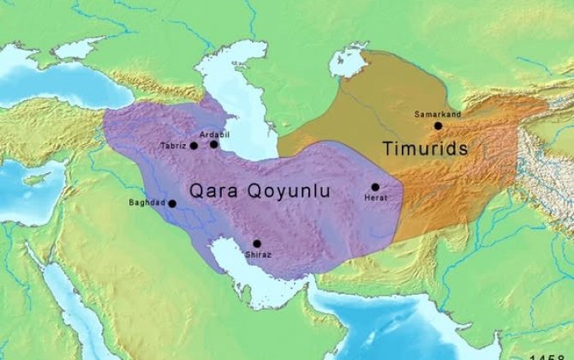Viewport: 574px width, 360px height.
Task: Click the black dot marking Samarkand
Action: coord(438,126)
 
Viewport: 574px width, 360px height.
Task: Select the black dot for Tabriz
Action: coord(194,146)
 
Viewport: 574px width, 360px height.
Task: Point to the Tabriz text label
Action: coord(172,147)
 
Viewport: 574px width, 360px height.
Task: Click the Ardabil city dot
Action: coord(214,144)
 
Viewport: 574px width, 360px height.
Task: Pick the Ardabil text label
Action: coord(213,135)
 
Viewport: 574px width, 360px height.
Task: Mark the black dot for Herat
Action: coord(375,187)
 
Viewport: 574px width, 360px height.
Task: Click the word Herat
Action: coord(376,198)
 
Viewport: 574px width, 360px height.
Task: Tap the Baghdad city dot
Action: coord(172,204)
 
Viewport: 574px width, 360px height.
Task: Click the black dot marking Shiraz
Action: coord(256,243)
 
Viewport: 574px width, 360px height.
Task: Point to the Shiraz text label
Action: coord(258,255)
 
